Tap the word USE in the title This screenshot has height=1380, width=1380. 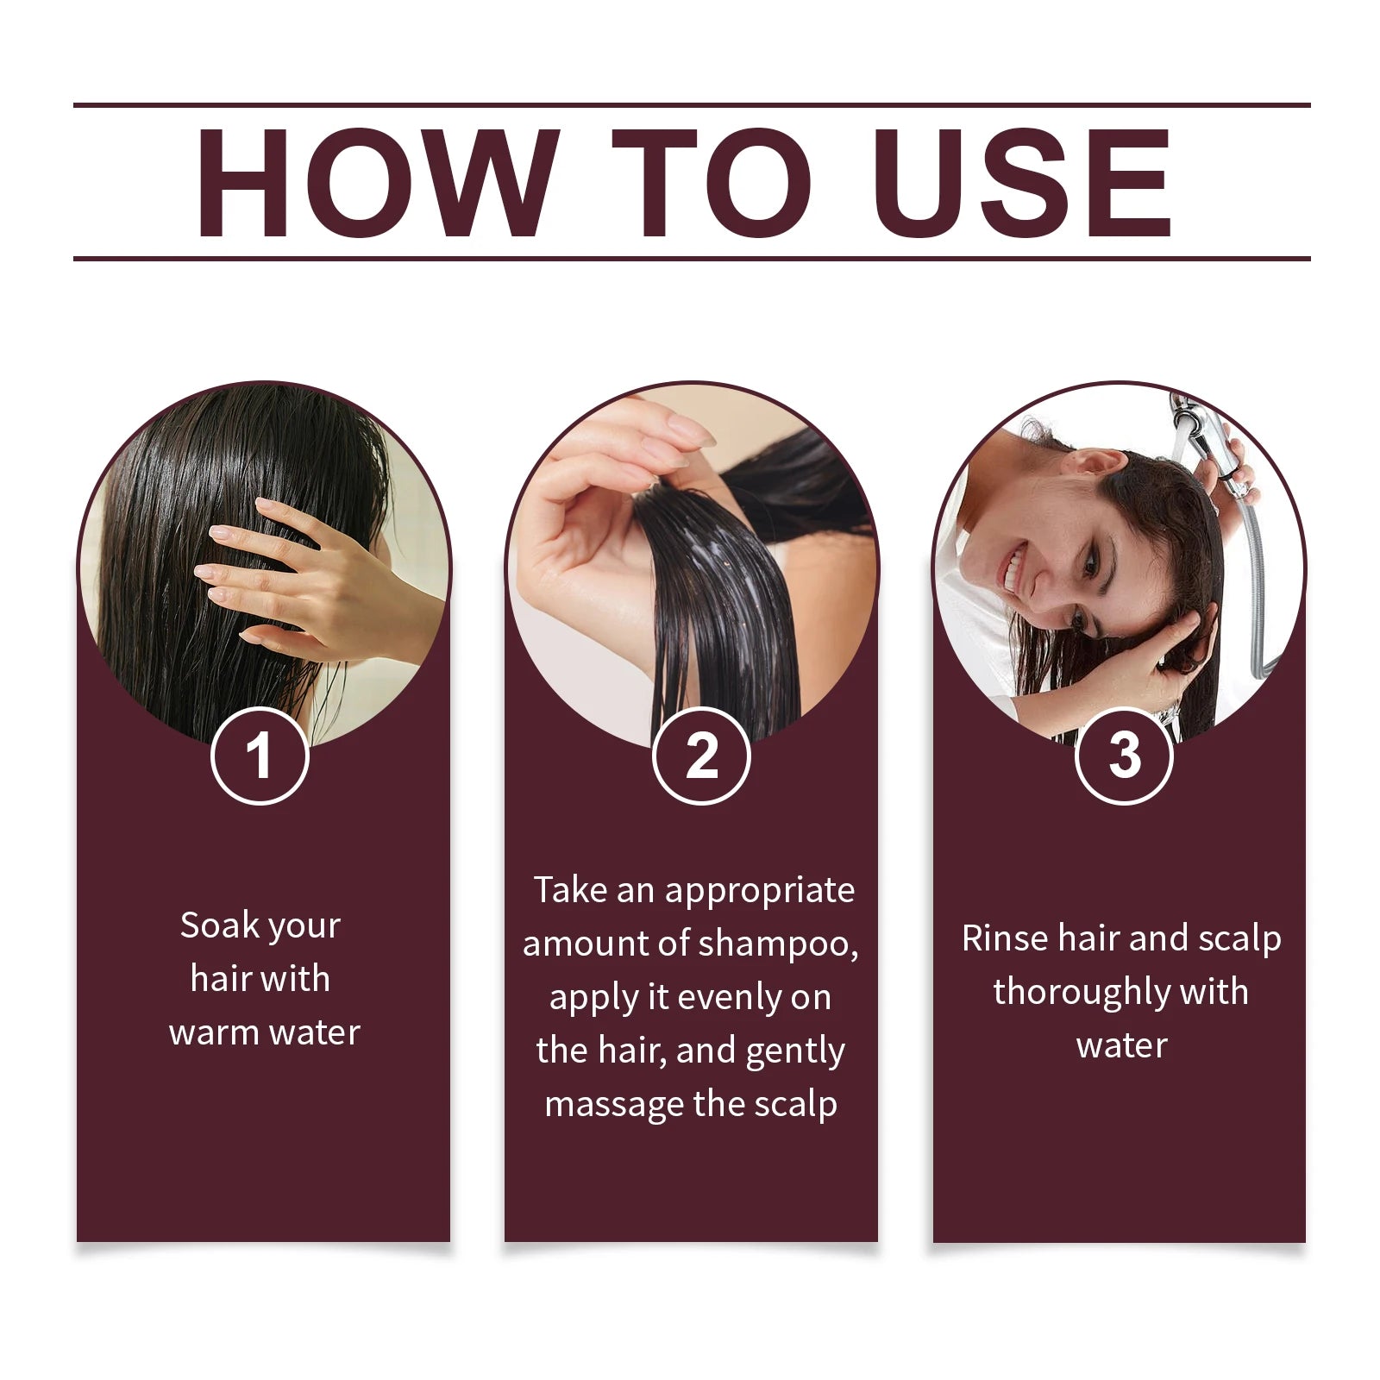point(1023,183)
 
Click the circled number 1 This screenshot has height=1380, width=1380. point(260,756)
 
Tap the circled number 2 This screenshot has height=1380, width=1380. point(701,756)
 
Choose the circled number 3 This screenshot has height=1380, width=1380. point(1124,756)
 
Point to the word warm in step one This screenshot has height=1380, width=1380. point(214,1032)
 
